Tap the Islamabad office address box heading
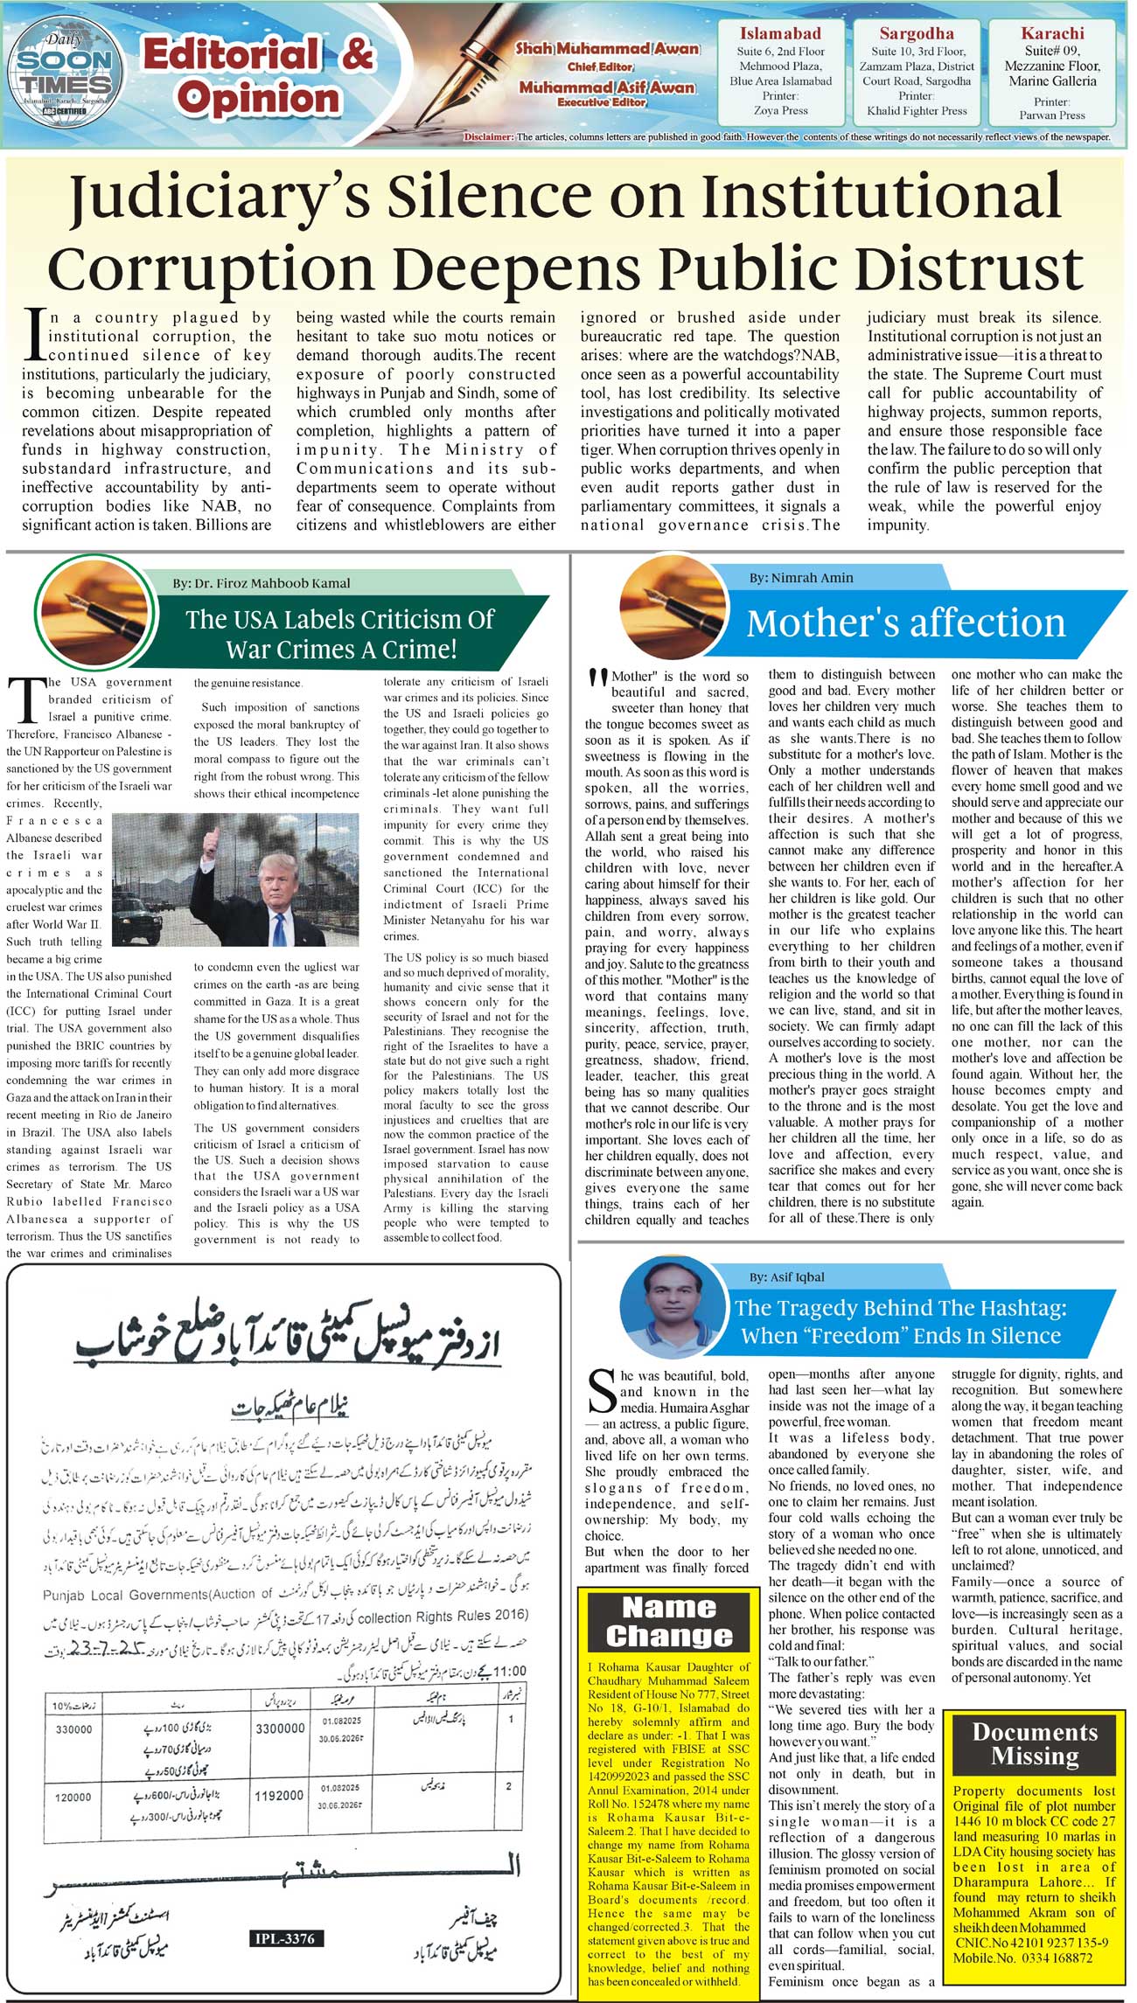tap(780, 34)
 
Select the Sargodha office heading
tap(916, 34)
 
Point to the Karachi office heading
tap(1052, 33)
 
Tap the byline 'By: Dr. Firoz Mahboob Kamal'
tap(261, 583)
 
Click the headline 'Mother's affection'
tap(905, 623)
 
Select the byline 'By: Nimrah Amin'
tap(800, 578)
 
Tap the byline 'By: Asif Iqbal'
tap(786, 1276)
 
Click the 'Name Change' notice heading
tap(669, 1621)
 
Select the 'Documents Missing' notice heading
tap(1035, 1743)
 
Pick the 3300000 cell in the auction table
tap(280, 1728)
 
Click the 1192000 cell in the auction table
tap(279, 1795)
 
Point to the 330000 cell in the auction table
tap(73, 1729)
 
